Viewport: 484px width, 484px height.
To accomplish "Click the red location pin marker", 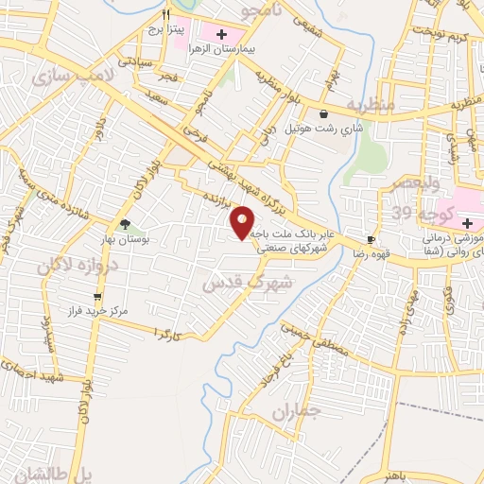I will coord(243,221).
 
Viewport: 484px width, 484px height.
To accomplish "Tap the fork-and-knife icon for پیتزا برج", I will coord(165,14).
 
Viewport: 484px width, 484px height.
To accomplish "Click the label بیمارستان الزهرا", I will coord(223,46).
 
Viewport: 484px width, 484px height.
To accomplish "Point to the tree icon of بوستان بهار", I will coord(125,224).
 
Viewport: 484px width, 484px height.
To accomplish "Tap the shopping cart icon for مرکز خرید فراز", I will coord(96,298).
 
